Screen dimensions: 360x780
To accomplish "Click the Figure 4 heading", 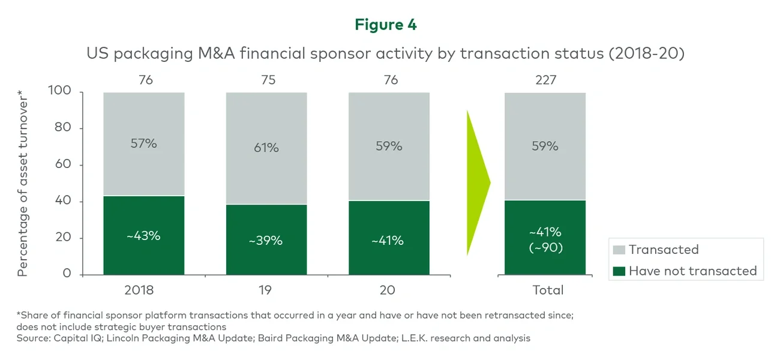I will [385, 25].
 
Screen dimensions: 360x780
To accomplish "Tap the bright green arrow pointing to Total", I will [478, 182].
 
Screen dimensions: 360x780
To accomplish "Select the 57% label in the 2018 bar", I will [143, 144].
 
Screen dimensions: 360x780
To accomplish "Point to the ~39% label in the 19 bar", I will [266, 241].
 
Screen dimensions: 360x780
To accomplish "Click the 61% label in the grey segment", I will [266, 147].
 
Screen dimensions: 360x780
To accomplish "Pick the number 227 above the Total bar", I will [545, 80].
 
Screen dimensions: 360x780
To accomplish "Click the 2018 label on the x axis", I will [139, 290].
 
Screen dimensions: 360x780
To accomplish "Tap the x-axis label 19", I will [266, 290].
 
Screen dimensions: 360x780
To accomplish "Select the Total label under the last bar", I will [548, 290].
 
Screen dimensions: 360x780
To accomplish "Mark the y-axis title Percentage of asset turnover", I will [23, 182].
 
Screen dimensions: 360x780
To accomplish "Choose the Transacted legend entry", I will [663, 250].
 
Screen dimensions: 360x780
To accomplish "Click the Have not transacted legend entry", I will [692, 271].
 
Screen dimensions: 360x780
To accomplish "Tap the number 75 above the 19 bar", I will [268, 80].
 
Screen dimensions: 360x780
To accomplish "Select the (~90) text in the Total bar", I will [545, 247].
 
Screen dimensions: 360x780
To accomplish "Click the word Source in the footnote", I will [33, 338].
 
